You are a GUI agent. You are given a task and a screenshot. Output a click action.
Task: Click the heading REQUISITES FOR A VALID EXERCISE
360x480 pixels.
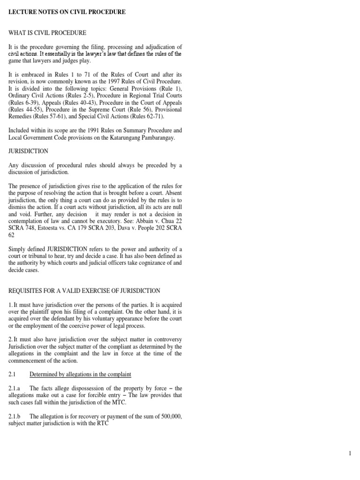84,291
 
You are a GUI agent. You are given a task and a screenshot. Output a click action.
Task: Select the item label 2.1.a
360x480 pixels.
15,388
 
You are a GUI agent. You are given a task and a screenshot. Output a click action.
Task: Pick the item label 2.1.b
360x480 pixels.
15,416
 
